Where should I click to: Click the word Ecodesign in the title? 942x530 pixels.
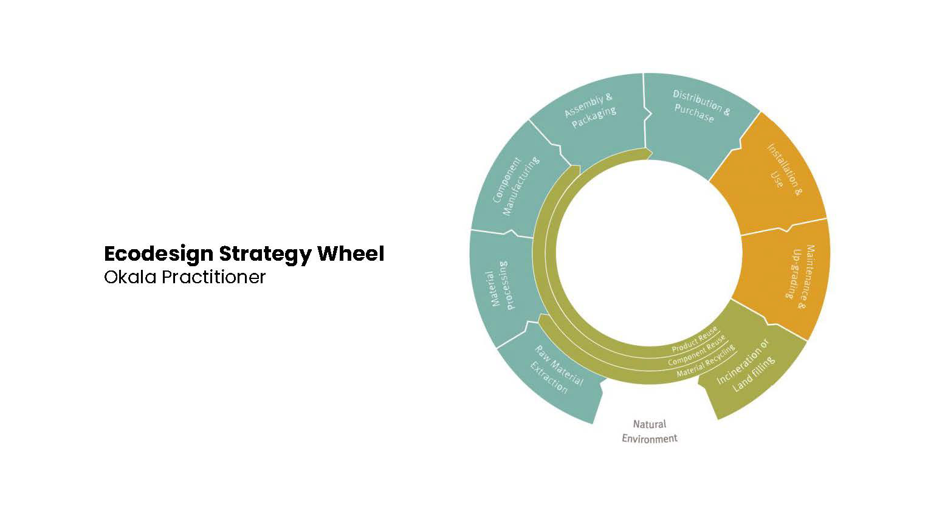coord(159,254)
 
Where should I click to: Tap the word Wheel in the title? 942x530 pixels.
coord(351,253)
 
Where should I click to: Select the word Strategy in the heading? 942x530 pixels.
coord(266,255)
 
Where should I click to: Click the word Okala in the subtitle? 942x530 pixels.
coord(130,277)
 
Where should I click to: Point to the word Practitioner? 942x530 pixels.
coord(214,277)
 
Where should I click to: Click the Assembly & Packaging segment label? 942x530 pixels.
coord(590,111)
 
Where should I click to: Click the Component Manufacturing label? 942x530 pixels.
coord(515,186)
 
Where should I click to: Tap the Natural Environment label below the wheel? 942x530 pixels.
coord(649,431)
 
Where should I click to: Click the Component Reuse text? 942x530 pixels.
coord(696,350)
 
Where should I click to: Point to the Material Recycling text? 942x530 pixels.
coord(706,360)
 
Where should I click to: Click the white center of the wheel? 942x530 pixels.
coord(649,252)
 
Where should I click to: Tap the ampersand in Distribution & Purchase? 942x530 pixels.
coord(726,111)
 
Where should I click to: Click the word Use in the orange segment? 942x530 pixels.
coord(776,179)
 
